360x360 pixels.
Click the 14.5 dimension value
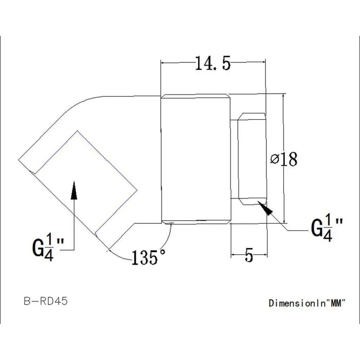(212, 64)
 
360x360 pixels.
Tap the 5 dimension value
(249, 256)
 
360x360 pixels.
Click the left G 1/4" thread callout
(47, 248)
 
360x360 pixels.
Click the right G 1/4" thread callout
(327, 229)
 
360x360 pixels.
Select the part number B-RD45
(46, 301)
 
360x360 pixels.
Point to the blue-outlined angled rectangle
(86, 183)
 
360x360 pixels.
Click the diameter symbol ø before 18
(275, 159)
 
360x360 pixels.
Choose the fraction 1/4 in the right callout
(328, 229)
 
